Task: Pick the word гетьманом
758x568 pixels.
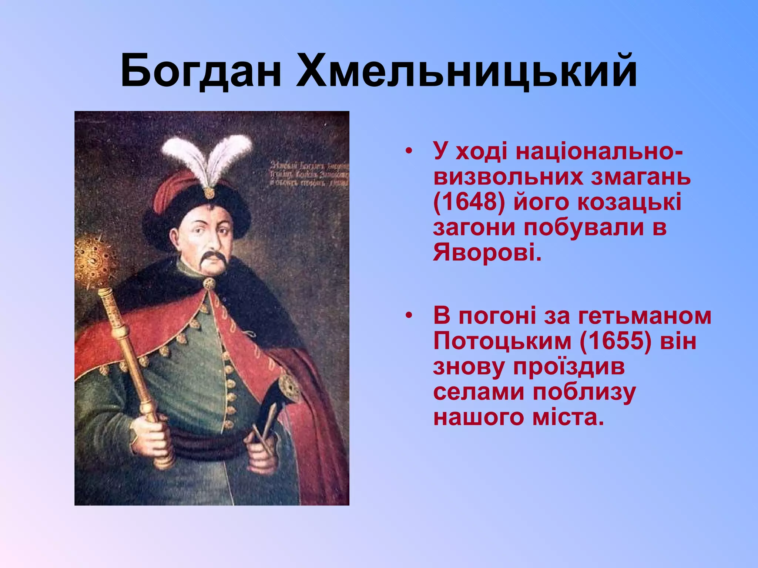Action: pos(644,316)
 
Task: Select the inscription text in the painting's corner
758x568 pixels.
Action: pos(309,174)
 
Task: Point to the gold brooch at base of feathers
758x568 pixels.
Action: pos(209,193)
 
